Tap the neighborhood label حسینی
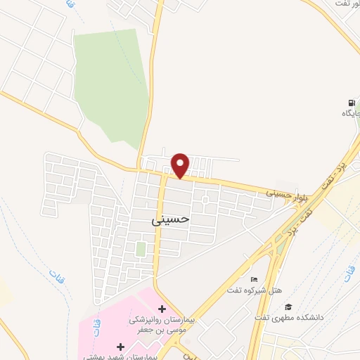(171, 219)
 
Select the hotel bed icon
(255, 280)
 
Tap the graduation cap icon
(288, 307)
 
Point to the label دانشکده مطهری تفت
(288, 317)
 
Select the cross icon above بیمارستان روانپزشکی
(162, 309)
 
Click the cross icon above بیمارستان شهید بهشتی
(120, 347)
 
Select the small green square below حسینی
(141, 249)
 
